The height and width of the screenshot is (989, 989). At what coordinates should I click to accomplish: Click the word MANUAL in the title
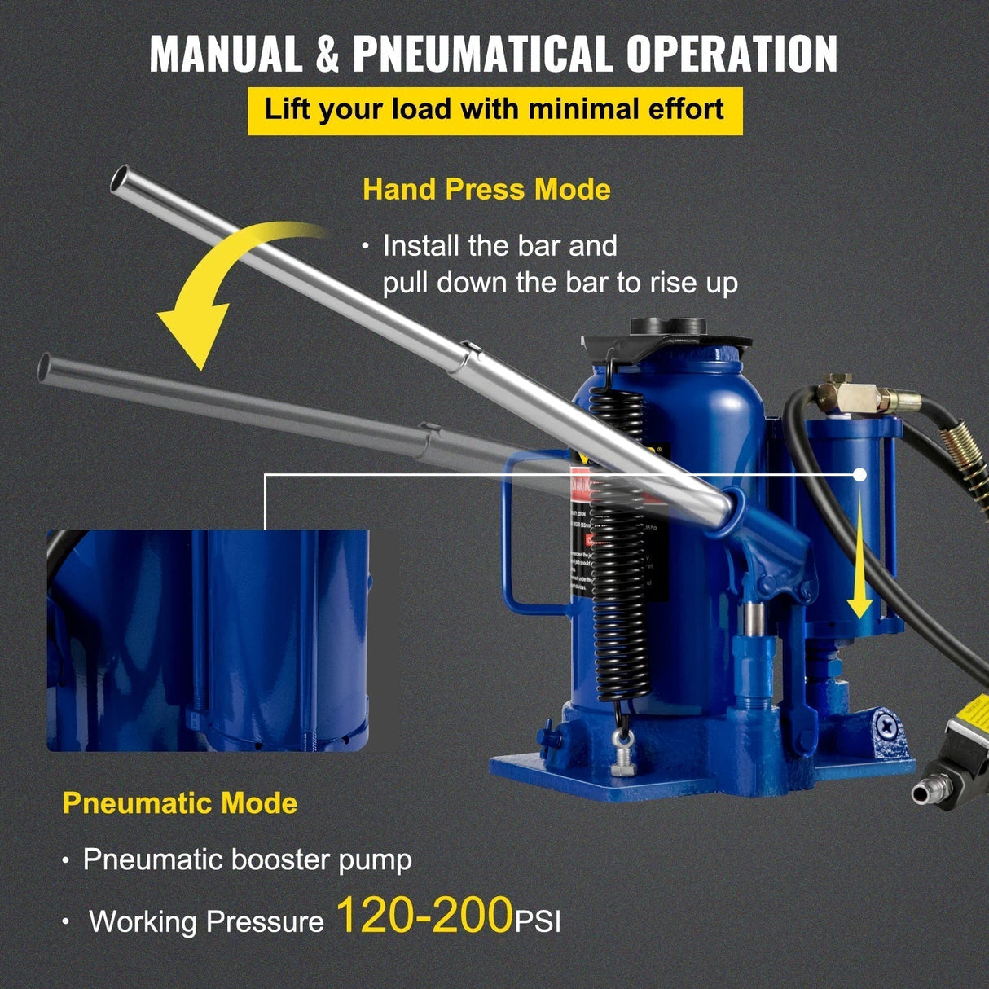click(x=226, y=55)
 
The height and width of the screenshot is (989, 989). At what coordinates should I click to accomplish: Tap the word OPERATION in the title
click(x=732, y=55)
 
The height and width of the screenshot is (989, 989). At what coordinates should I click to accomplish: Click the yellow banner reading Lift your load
click(x=494, y=110)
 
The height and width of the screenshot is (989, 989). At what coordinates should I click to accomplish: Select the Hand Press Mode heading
click(x=486, y=189)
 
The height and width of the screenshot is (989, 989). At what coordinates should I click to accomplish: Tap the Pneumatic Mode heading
click(x=180, y=803)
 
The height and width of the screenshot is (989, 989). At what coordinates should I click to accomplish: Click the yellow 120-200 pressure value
click(x=424, y=915)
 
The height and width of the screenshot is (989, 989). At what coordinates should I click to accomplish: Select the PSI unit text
click(x=538, y=922)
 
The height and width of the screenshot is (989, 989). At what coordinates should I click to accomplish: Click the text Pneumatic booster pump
click(x=247, y=859)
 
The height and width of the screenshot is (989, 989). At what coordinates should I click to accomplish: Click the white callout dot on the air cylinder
click(x=859, y=474)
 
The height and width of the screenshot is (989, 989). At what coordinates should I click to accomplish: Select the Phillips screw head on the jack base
click(x=889, y=723)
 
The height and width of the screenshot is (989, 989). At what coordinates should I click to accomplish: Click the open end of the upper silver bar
click(x=121, y=178)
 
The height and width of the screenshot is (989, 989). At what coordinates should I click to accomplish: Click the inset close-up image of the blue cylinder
click(x=208, y=640)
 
